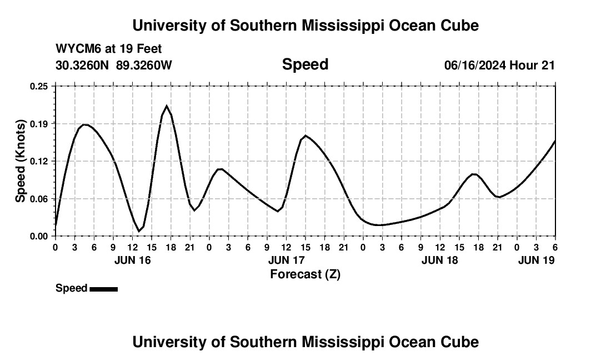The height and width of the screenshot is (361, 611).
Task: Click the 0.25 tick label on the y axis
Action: point(39,86)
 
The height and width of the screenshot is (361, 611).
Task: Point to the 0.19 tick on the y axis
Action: point(39,123)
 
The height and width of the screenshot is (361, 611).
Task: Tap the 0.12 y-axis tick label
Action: point(39,161)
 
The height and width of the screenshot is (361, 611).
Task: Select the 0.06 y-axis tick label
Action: point(39,198)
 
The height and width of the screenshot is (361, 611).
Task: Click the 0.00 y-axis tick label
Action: point(39,236)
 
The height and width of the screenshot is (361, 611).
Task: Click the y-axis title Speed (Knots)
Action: point(20,161)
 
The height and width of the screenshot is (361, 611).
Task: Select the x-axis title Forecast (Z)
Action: point(305,274)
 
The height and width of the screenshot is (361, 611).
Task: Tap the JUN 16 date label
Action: point(132,260)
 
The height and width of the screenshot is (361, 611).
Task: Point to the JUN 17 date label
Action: point(287,260)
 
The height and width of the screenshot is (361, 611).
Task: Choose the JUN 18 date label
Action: point(440,260)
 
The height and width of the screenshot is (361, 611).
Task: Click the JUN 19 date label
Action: point(536,260)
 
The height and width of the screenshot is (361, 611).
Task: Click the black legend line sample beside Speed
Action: point(103,289)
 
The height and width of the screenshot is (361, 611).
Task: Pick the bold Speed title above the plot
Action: point(305,64)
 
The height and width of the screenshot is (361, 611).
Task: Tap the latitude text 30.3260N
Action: point(83,65)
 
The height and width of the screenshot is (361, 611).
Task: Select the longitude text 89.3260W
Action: point(144,65)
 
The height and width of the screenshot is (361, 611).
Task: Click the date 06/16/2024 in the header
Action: point(475,65)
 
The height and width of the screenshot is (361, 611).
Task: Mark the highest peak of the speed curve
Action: point(166,106)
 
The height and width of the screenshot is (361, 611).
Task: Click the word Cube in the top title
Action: point(459,26)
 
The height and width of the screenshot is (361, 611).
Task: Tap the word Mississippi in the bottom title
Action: point(335,342)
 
